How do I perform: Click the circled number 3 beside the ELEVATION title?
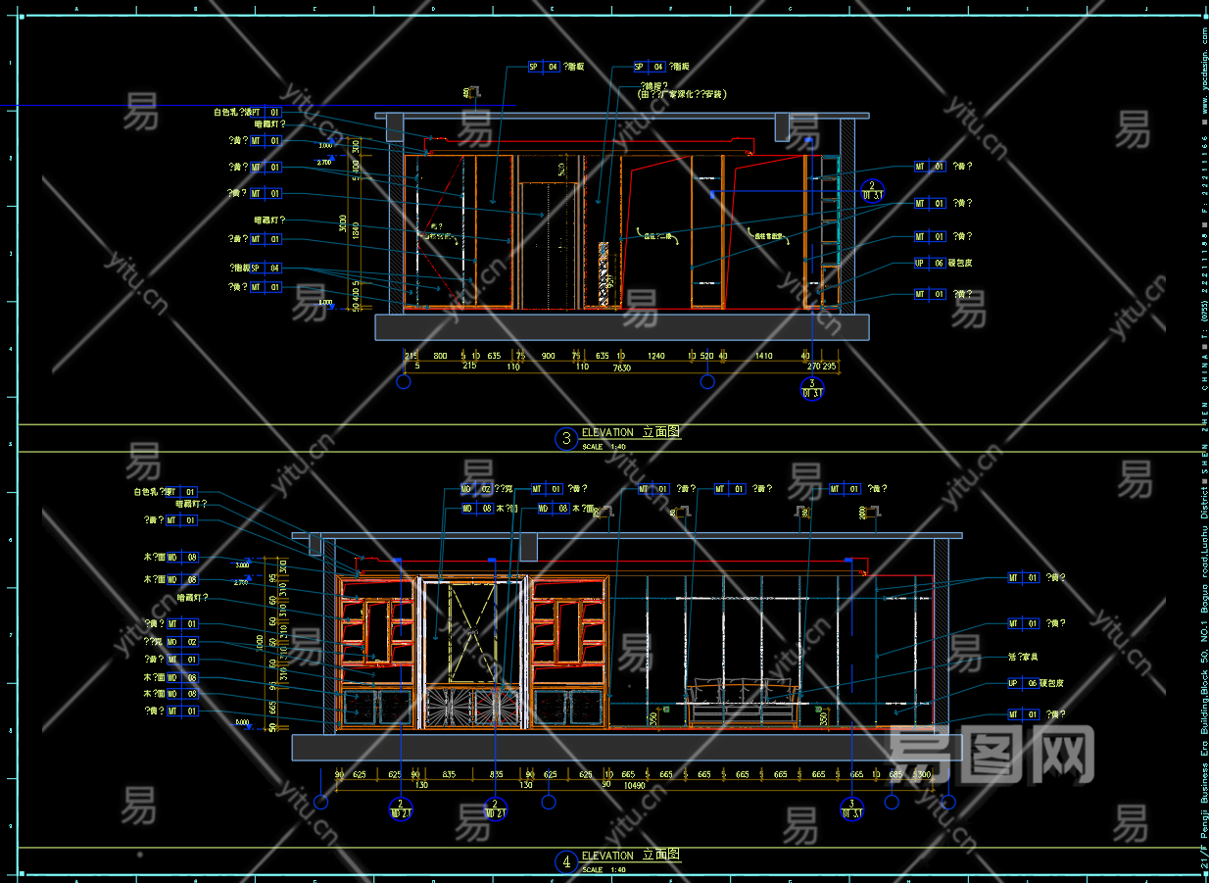[565, 438]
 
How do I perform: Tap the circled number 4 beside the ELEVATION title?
[565, 862]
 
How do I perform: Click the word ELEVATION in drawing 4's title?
[607, 856]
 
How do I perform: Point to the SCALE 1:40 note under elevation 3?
[605, 447]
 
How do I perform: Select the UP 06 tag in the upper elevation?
[929, 264]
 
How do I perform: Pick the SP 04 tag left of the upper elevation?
[266, 268]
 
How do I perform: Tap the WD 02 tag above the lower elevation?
[477, 488]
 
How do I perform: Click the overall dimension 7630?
[621, 368]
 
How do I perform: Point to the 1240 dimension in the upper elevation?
[655, 357]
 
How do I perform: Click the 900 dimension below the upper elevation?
[548, 357]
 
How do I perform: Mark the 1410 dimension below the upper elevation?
[763, 357]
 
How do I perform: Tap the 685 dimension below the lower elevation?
[895, 774]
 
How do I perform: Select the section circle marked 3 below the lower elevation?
[851, 808]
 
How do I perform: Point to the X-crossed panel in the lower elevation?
[471, 631]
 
